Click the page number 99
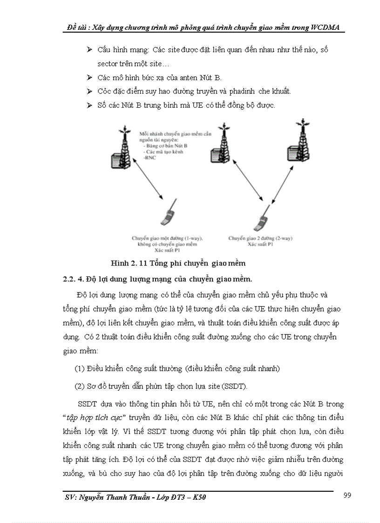pyautogui.click(x=346, y=495)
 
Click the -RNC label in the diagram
pyautogui.click(x=150, y=158)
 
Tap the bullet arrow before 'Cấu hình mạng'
pyautogui.click(x=90, y=49)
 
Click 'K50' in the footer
pyautogui.click(x=198, y=498)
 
